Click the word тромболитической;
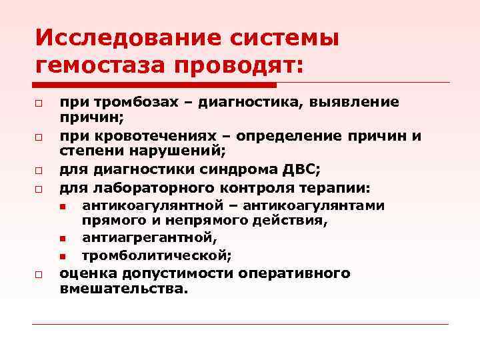[x=157, y=255]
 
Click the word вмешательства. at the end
[x=124, y=289]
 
